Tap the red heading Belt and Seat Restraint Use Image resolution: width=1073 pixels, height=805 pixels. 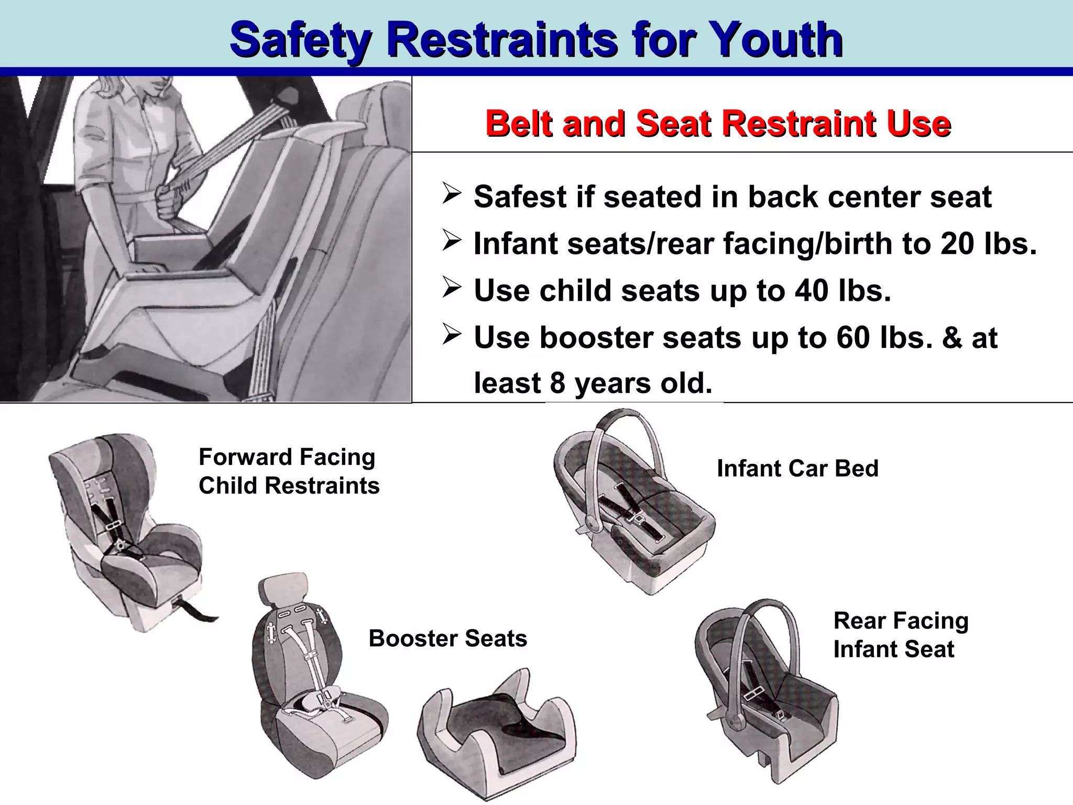[718, 124]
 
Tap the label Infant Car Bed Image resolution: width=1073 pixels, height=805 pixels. [797, 469]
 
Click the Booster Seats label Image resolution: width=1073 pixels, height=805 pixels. [448, 638]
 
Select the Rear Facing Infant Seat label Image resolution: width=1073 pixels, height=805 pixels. [901, 635]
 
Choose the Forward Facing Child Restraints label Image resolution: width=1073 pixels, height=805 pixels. [289, 471]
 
